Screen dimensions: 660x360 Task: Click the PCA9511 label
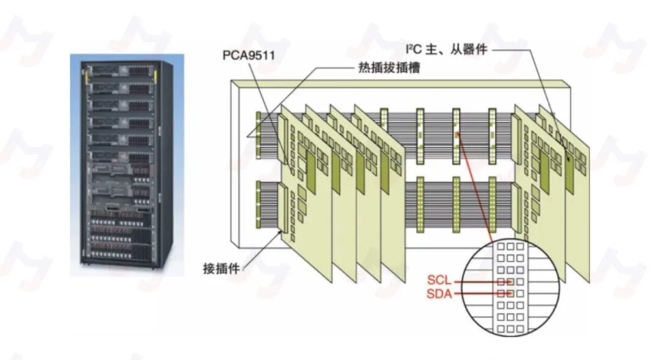248,55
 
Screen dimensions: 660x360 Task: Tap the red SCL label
439,280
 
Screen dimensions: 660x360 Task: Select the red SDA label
439,293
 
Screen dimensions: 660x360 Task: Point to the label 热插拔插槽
389,68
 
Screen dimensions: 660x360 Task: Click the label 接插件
221,268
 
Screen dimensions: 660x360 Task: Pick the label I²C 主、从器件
446,50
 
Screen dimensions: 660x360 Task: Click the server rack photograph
127,165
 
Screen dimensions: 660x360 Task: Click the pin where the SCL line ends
510,281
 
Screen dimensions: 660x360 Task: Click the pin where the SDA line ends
510,293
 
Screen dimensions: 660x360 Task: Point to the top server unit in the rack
121,70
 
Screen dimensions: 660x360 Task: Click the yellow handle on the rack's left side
87,78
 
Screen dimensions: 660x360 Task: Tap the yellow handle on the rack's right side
155,78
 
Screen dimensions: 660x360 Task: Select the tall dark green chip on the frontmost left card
310,172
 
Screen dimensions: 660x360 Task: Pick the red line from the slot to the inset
475,188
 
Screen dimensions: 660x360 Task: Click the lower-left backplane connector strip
258,205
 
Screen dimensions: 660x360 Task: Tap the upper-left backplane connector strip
258,134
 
